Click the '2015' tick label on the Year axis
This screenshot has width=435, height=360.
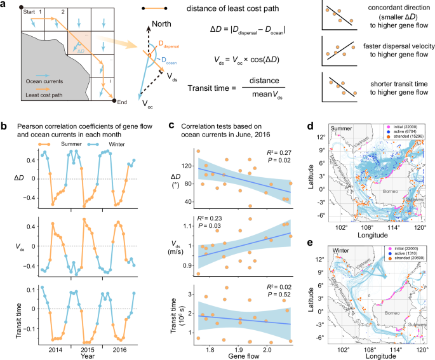point(86,349)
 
